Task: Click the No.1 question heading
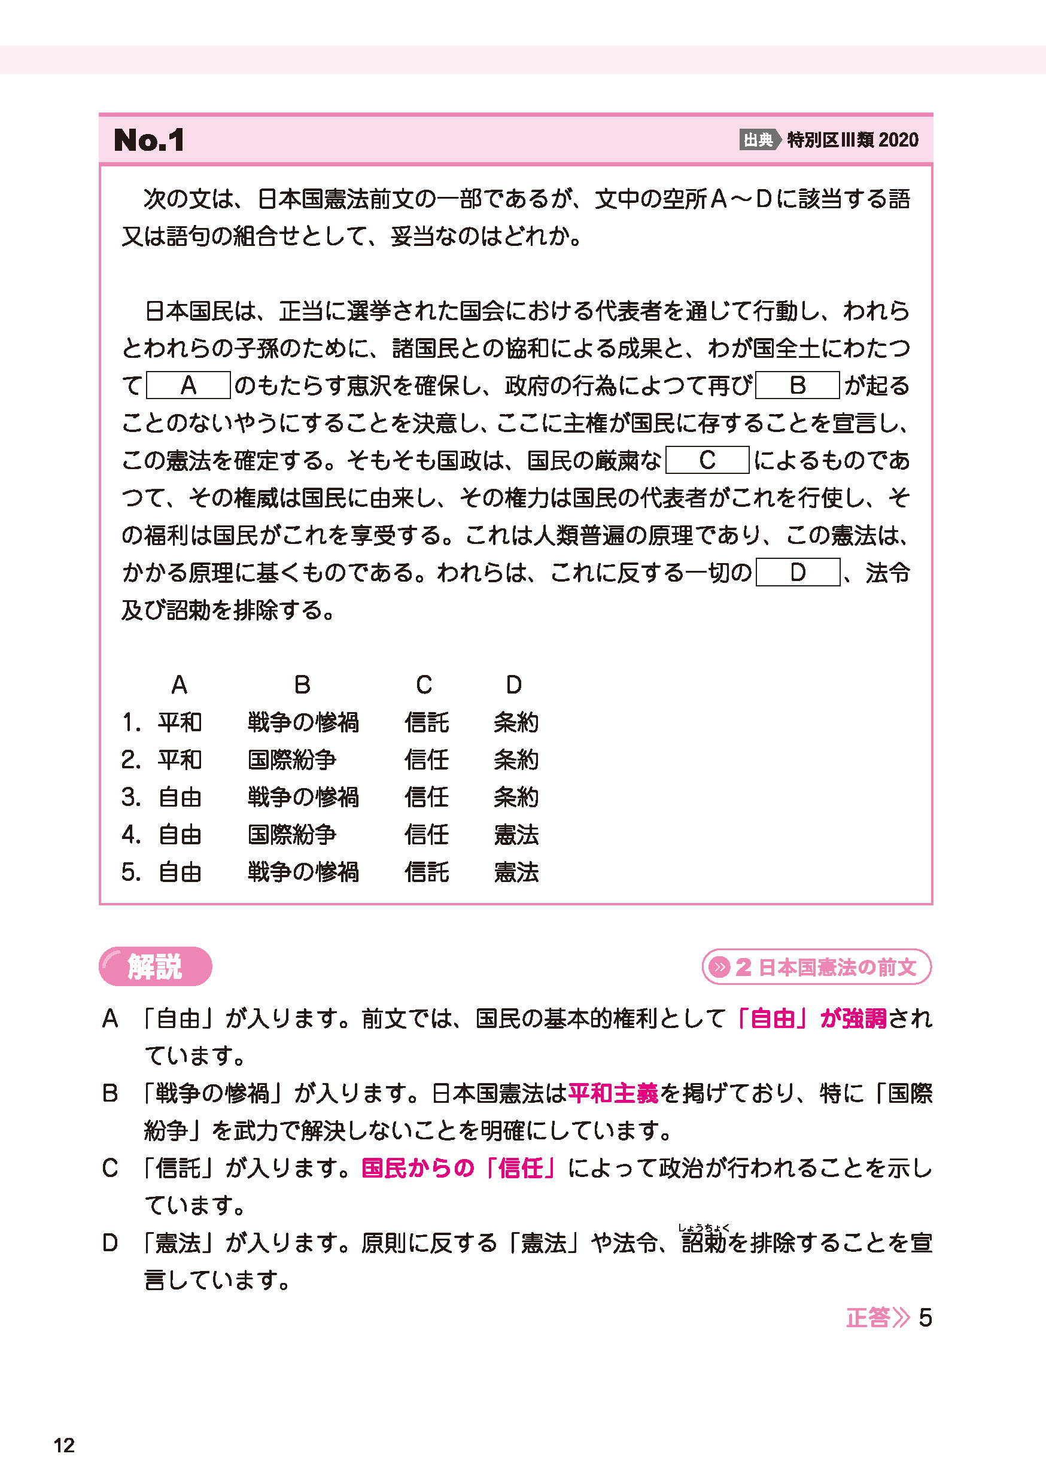150,140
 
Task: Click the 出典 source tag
758,139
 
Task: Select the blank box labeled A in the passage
188,385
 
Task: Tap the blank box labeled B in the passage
797,385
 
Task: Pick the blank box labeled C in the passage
707,460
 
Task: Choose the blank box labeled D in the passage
797,573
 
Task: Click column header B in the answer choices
302,685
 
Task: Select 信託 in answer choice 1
426,722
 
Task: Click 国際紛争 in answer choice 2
292,759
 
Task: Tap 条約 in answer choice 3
516,797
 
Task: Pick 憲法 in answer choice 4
516,834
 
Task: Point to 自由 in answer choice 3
180,797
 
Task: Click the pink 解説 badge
155,966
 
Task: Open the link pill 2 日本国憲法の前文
816,967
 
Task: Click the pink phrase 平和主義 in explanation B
613,1093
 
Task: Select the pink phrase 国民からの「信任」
458,1168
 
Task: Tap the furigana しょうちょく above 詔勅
703,1227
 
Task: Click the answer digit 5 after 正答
925,1317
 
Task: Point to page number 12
64,1445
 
